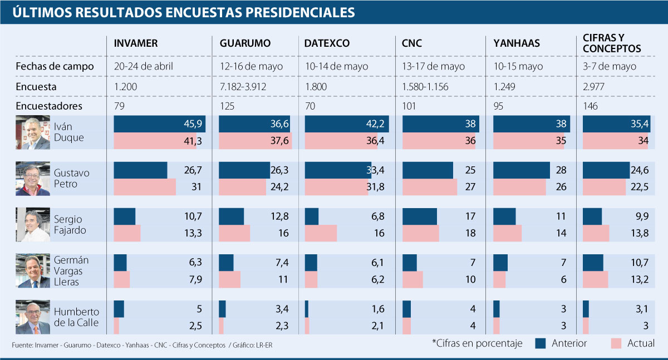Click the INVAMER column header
pos(136,43)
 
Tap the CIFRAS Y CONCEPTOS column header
pos(612,43)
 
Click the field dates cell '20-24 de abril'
pos(144,66)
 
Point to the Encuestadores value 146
pos(591,106)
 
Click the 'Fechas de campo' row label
pos(55,66)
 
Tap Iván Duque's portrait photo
pos(33,132)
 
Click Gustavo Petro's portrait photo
pos(33,179)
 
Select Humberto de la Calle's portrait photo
pos(33,317)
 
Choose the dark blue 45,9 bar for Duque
pos(159,125)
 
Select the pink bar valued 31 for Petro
pos(145,187)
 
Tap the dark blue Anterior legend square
pos(540,343)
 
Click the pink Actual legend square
pos(616,343)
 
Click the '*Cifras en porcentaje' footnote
pos(477,343)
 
